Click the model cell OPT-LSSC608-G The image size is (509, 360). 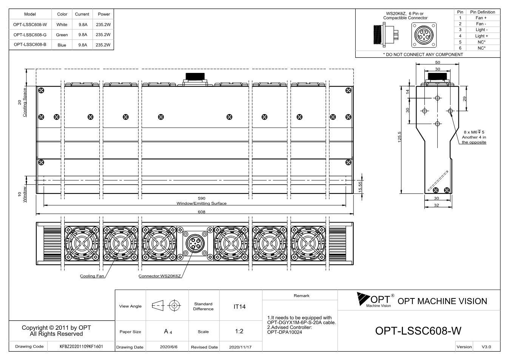tap(30, 35)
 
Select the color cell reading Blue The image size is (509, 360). tap(62, 45)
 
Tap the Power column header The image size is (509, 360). tap(104, 14)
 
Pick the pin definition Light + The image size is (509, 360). tap(481, 36)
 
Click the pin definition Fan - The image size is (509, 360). tap(481, 24)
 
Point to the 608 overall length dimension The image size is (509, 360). tap(202, 212)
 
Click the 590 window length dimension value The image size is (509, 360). tap(202, 198)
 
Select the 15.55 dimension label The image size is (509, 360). tap(360, 187)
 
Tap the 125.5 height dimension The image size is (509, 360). tap(400, 137)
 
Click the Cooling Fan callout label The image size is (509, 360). tap(92, 276)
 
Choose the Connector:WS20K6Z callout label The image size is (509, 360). tap(160, 276)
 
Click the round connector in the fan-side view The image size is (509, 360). tap(195, 243)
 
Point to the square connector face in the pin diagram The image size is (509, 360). tap(424, 35)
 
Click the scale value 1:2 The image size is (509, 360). tap(239, 331)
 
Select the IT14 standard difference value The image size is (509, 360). tap(239, 307)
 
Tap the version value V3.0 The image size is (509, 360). tap(486, 347)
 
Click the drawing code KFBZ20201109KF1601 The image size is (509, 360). tap(81, 346)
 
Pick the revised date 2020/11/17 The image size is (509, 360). tap(240, 347)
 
